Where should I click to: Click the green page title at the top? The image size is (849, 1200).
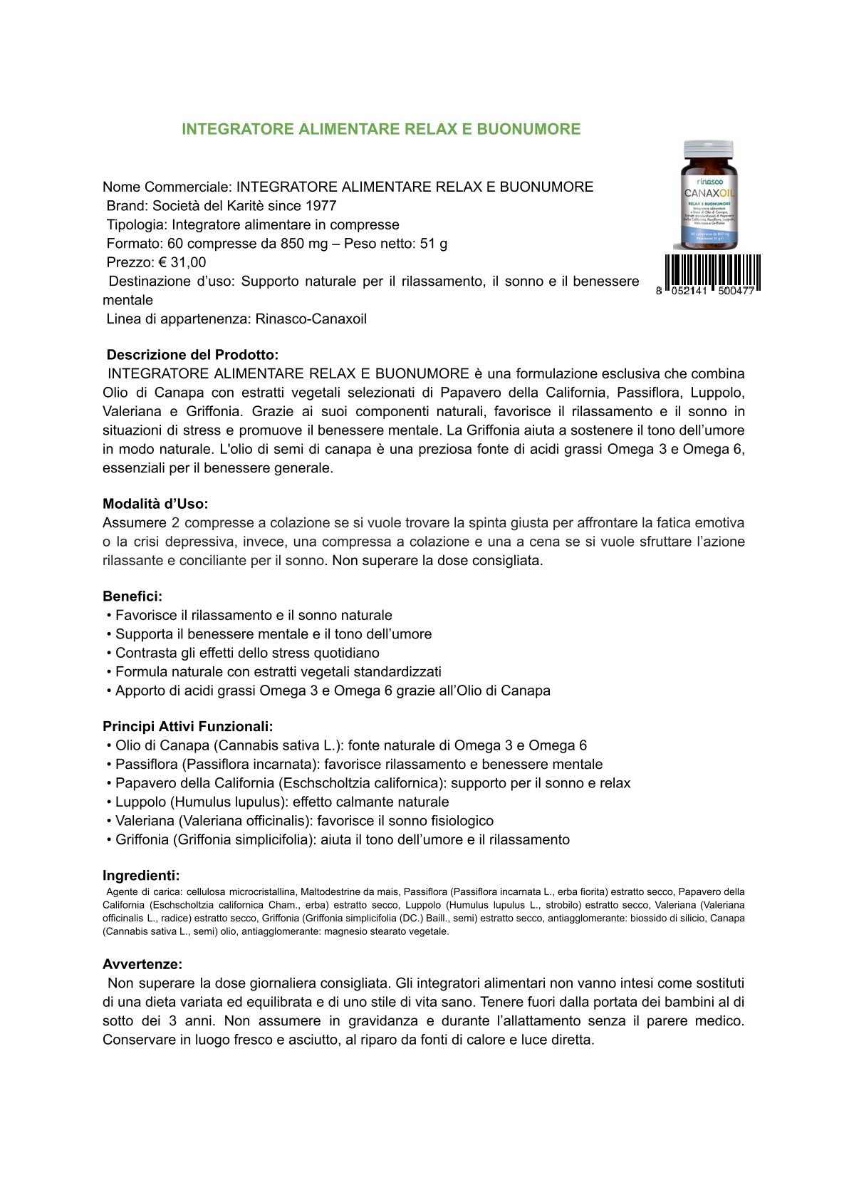pyautogui.click(x=381, y=129)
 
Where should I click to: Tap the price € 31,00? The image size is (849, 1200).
pyautogui.click(x=182, y=262)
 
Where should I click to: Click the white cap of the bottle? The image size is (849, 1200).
pyautogui.click(x=708, y=150)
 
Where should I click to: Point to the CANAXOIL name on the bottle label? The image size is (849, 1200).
pyautogui.click(x=708, y=192)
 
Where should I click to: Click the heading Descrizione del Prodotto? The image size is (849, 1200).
pyautogui.click(x=192, y=355)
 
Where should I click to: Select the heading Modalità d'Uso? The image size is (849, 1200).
pyautogui.click(x=155, y=504)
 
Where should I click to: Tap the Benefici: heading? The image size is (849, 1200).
pyautogui.click(x=132, y=596)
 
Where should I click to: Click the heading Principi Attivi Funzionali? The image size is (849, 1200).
pyautogui.click(x=187, y=727)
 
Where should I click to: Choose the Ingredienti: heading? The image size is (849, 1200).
pyautogui.click(x=141, y=876)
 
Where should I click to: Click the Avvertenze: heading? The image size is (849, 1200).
pyautogui.click(x=142, y=964)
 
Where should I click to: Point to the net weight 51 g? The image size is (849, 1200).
pyautogui.click(x=434, y=244)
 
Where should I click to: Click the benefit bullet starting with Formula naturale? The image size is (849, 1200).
pyautogui.click(x=278, y=671)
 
